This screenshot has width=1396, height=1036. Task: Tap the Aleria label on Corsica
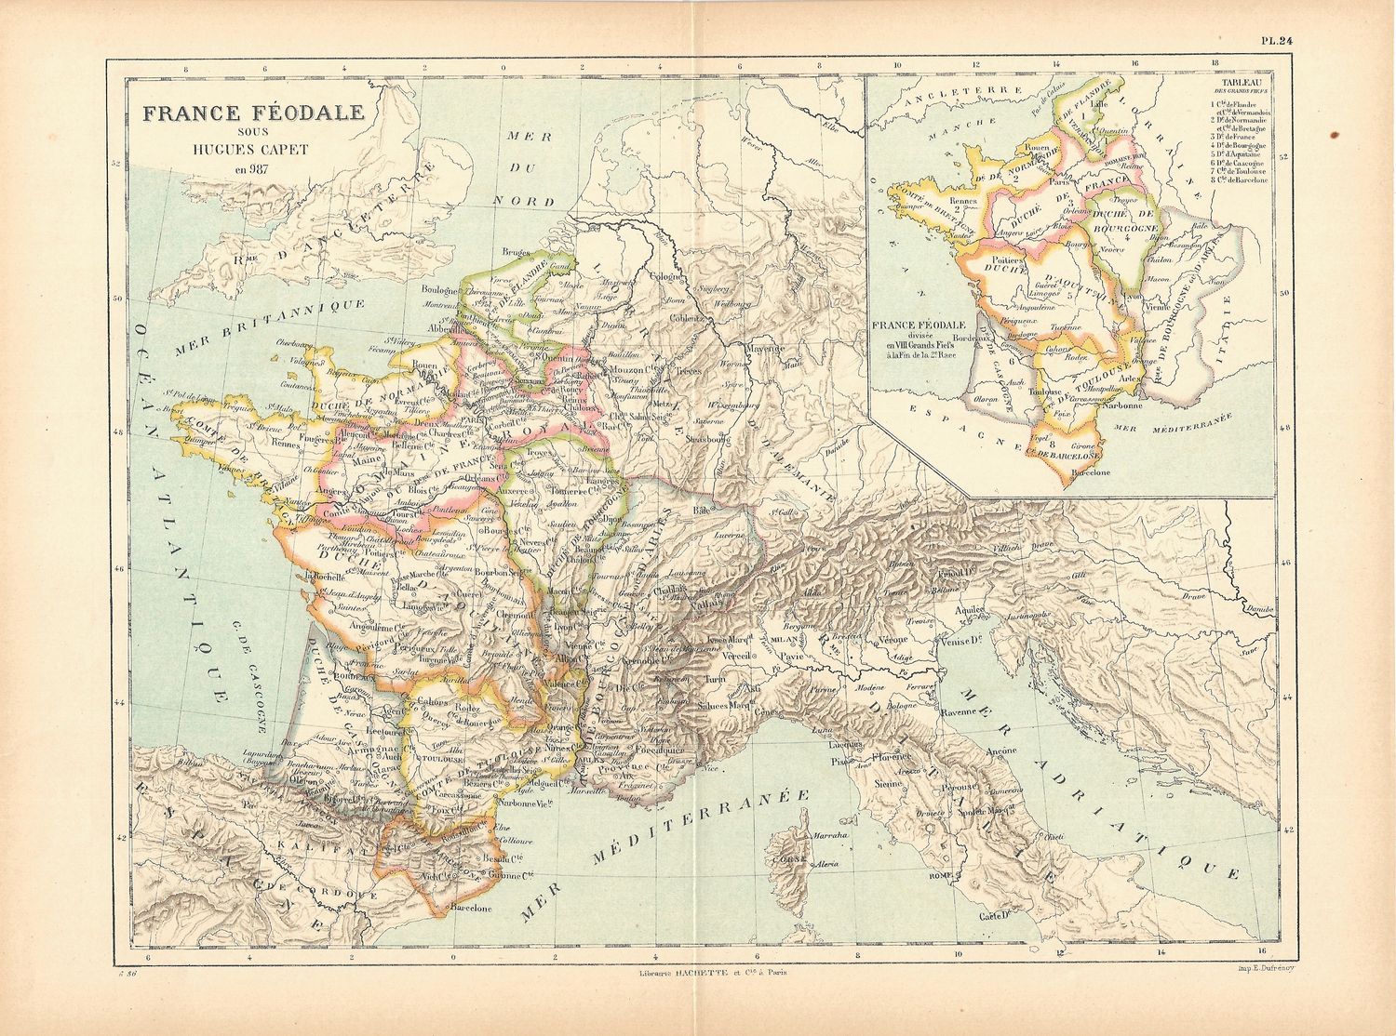828,865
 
